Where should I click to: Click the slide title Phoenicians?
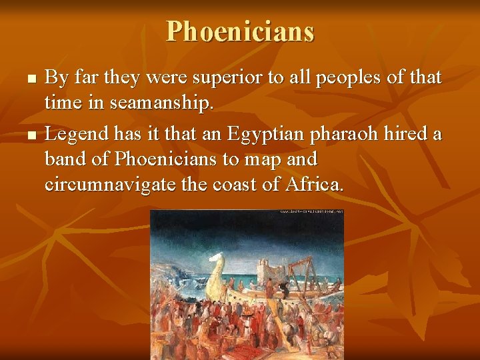240,31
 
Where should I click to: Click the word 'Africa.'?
315,185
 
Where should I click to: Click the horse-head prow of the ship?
217,270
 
